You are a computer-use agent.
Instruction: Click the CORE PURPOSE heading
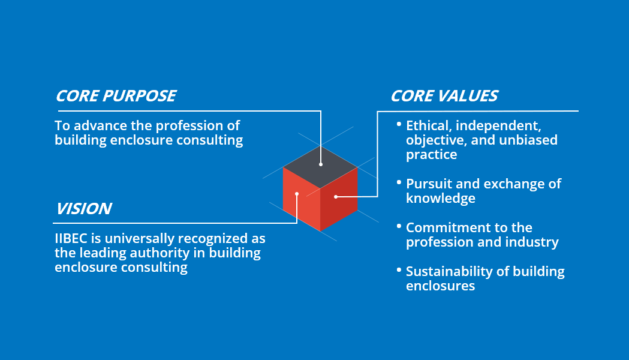116,96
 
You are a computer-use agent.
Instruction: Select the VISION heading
84,209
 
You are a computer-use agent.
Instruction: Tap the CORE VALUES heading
444,96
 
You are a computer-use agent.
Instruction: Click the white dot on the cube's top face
321,164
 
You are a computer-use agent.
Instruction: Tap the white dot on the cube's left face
297,194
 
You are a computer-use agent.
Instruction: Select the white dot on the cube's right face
336,196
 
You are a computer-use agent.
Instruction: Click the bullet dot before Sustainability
399,269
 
